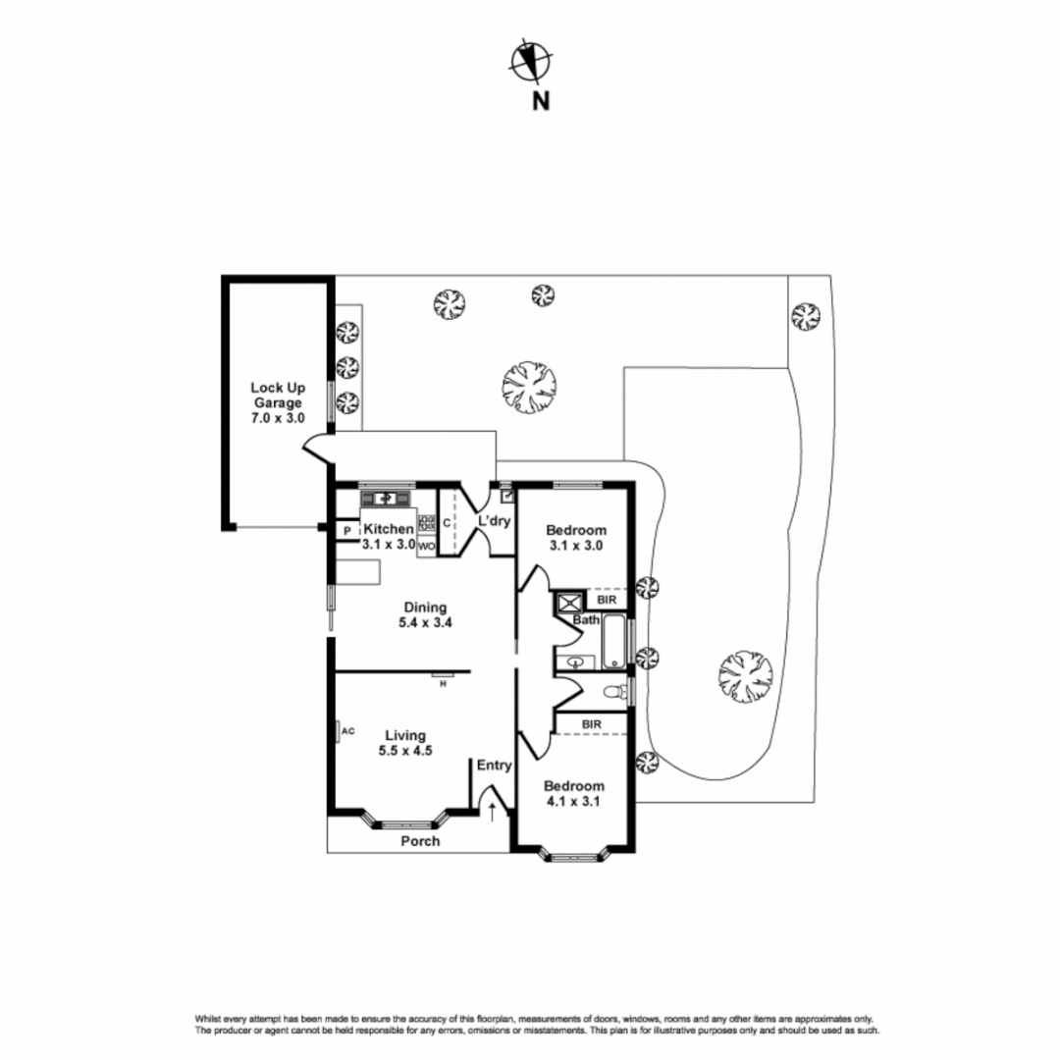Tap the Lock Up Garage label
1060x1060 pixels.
(278, 403)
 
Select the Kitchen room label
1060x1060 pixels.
(389, 529)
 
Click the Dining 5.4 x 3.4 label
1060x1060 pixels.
(425, 614)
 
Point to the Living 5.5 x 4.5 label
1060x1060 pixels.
(405, 742)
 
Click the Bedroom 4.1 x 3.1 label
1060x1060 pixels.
(573, 794)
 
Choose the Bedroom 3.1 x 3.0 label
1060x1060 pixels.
(576, 538)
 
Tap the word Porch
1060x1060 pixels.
(420, 841)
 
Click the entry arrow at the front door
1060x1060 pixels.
(492, 812)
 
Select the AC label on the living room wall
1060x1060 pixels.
(348, 731)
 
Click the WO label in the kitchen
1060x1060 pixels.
(427, 547)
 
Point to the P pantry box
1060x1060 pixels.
(347, 531)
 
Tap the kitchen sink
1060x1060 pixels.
(386, 499)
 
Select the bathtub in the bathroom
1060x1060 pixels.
(613, 641)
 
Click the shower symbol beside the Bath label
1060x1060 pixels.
(568, 603)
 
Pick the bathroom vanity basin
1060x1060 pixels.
(575, 662)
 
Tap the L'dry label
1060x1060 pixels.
(494, 521)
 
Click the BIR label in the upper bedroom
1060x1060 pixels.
(608, 600)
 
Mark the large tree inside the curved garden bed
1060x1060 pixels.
(746, 676)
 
